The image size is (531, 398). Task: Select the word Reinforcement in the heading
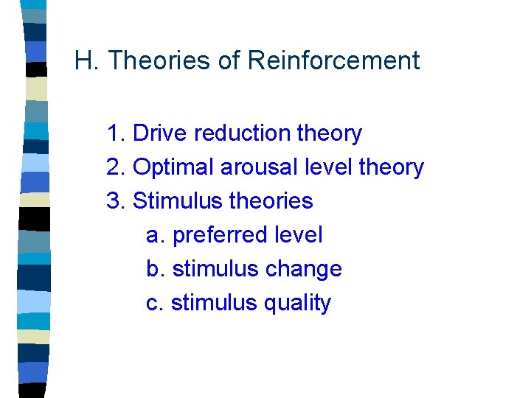point(333,60)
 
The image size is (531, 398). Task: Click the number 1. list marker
point(116,133)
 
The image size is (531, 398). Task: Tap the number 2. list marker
point(116,167)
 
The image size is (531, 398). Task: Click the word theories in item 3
point(271,201)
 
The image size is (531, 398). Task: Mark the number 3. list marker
point(116,201)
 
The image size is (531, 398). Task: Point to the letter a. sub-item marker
point(155,236)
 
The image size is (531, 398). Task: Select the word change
point(305,269)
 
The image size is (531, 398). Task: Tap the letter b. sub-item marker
point(155,269)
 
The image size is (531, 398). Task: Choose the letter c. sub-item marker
point(154,303)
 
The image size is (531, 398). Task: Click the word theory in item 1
point(329,134)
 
